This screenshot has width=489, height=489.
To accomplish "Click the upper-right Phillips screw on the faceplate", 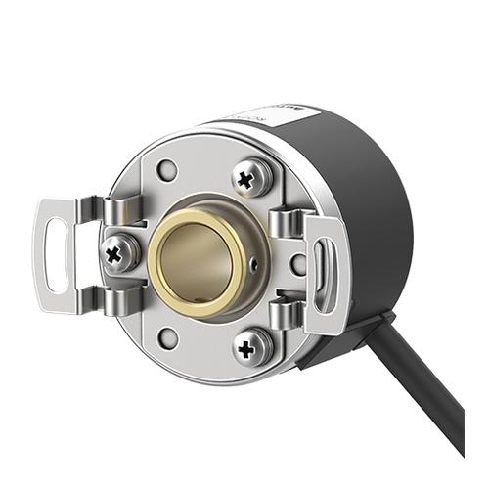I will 253,177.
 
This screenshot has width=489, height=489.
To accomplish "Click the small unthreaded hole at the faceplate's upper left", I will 166,169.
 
